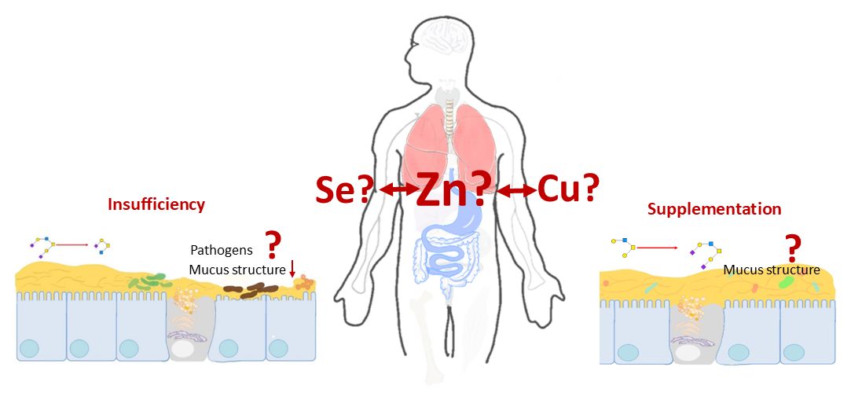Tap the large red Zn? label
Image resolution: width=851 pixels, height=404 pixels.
(453, 189)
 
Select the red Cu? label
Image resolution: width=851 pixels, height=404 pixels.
(568, 189)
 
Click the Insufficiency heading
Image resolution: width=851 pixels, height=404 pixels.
(156, 204)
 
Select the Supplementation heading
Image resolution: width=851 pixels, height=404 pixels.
(714, 209)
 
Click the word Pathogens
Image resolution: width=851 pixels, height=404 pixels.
(222, 250)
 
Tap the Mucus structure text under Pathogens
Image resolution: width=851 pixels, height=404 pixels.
(237, 270)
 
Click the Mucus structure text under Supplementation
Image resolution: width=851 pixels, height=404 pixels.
(772, 270)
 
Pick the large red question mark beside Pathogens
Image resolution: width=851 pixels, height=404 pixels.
(273, 245)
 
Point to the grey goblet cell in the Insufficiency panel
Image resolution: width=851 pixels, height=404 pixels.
(189, 326)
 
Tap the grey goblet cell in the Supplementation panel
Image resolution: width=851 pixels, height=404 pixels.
(696, 330)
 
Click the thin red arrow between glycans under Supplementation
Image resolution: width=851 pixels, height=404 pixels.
(657, 248)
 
